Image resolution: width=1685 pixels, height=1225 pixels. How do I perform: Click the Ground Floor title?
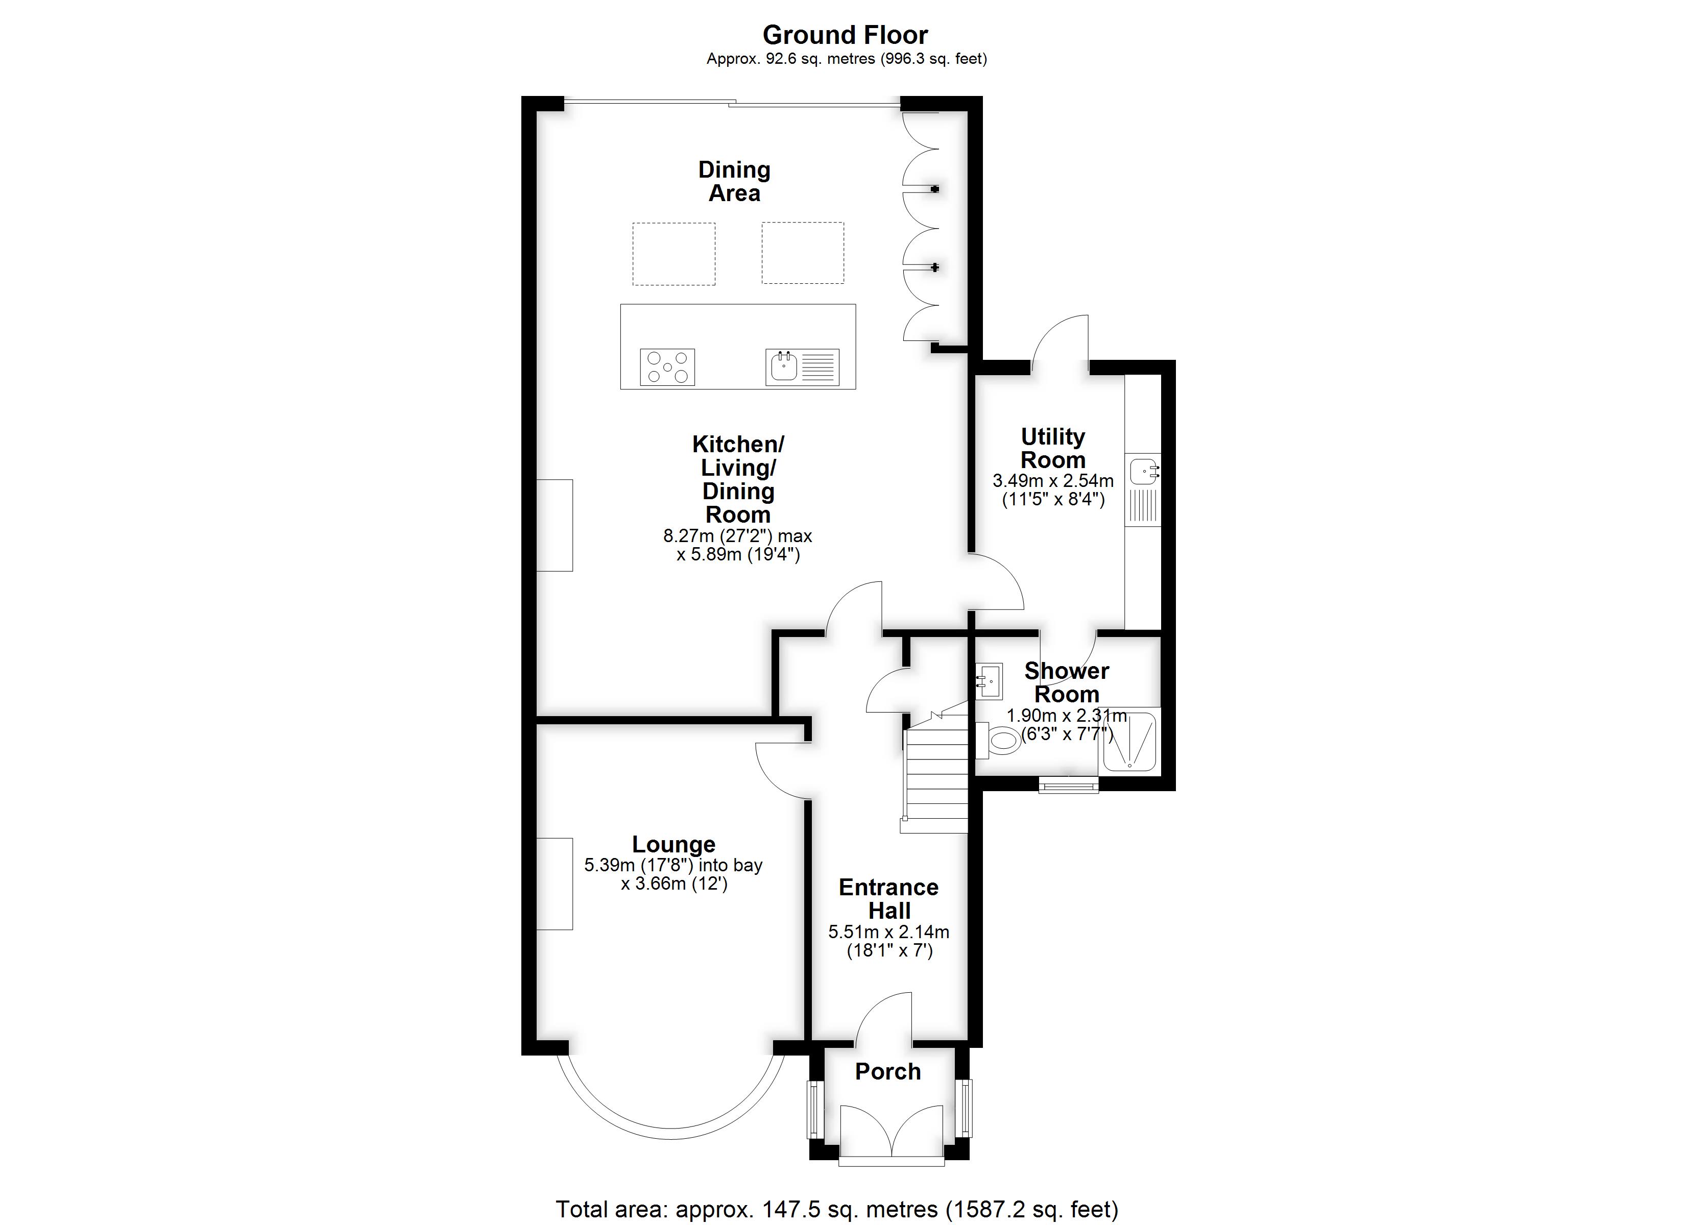point(846,35)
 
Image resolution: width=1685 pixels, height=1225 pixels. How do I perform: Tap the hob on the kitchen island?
point(667,367)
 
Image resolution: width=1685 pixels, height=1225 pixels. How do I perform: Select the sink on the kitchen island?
point(802,367)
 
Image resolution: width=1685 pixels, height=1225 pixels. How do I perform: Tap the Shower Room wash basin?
point(989,681)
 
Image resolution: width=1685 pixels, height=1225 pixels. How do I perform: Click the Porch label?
point(888,1071)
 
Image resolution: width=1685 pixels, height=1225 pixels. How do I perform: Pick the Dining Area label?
point(734,181)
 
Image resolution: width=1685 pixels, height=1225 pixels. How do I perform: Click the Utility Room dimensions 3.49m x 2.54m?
point(1053,481)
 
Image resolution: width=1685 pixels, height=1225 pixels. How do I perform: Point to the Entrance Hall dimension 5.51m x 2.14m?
point(888,932)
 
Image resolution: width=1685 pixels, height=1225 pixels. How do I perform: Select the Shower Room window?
point(1068,785)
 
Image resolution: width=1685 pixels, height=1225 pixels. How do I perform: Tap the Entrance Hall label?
point(888,899)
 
